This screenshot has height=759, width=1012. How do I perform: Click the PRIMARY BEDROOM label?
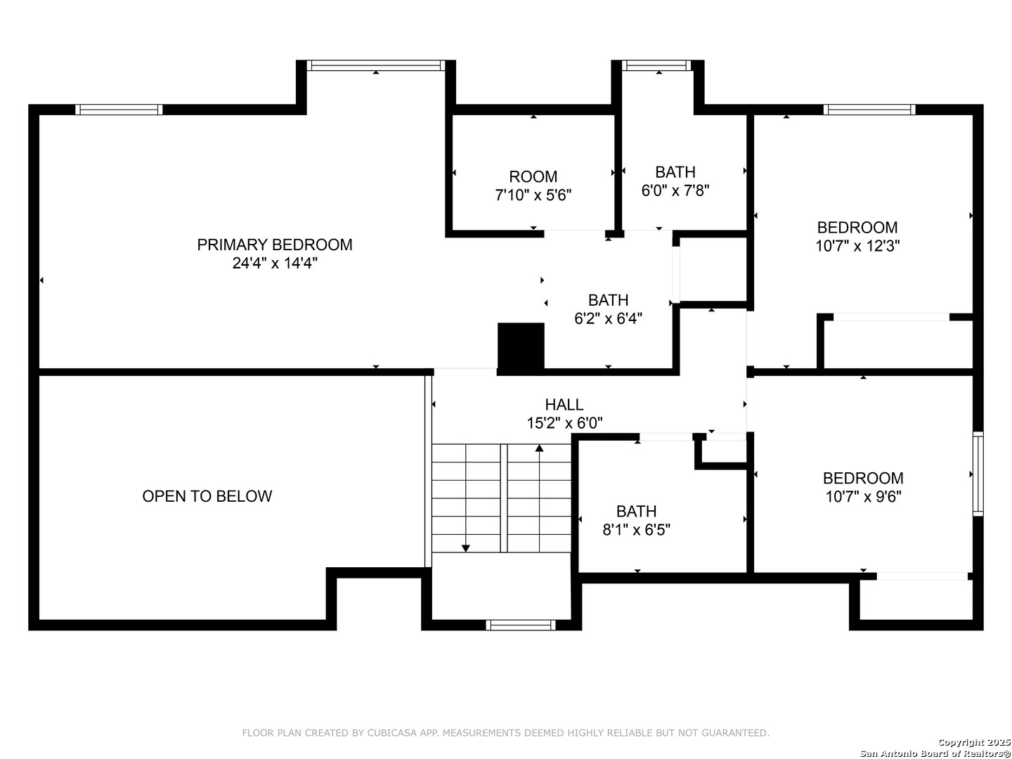click(274, 245)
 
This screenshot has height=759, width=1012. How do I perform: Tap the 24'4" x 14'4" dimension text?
click(275, 264)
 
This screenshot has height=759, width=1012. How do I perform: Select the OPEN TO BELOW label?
click(207, 496)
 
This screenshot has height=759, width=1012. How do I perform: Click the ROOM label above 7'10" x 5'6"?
click(533, 176)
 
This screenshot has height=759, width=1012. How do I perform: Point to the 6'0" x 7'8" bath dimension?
click(675, 190)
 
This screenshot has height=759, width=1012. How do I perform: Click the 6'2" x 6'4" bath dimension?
click(608, 318)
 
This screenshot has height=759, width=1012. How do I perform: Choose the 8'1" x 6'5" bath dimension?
click(636, 530)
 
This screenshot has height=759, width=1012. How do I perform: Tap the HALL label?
click(564, 405)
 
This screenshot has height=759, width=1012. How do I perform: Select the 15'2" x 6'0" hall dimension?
click(564, 423)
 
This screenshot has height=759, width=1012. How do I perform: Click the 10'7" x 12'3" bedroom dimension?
click(857, 246)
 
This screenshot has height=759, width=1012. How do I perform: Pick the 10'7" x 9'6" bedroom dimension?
click(863, 497)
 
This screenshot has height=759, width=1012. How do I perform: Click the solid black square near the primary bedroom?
click(521, 346)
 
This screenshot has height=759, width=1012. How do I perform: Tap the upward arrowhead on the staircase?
click(539, 448)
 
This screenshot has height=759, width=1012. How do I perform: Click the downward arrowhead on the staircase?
click(465, 547)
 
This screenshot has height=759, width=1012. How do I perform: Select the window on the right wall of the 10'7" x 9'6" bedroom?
click(978, 474)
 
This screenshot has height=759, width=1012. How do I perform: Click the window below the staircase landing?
click(521, 625)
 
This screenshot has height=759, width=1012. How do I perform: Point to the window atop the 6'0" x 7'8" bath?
click(657, 65)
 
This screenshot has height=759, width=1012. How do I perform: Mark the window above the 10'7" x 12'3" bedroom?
click(869, 110)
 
